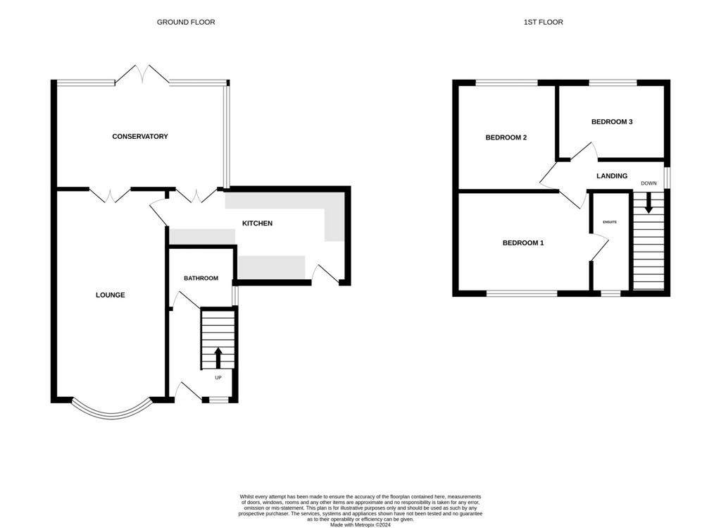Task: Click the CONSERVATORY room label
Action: tap(140, 136)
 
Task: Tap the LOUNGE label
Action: tap(111, 295)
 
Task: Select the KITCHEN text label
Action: tap(258, 223)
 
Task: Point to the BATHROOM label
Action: tap(201, 278)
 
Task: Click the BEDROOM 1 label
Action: tap(523, 242)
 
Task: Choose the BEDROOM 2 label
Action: tap(506, 137)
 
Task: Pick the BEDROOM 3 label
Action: tap(612, 121)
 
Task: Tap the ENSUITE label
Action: tap(610, 222)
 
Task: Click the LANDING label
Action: tap(612, 176)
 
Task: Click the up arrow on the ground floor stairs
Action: tap(218, 357)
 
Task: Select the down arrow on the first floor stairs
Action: tap(648, 202)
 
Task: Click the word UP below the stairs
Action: tap(218, 378)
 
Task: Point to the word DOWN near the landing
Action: tap(648, 183)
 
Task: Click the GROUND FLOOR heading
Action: tap(186, 22)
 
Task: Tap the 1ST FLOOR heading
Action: tap(543, 22)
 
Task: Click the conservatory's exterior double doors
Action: tap(142, 75)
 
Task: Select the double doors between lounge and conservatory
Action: tap(110, 195)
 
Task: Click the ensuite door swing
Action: tap(599, 247)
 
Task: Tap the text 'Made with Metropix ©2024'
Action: tap(360, 524)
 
